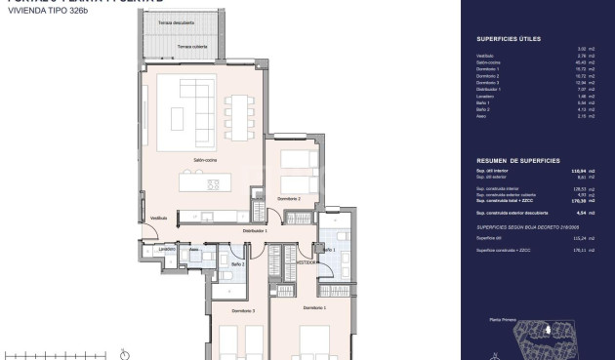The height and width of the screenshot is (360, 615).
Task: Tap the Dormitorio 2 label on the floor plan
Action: pyautogui.click(x=288, y=198)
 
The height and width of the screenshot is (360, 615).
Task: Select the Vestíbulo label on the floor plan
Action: pyautogui.click(x=159, y=218)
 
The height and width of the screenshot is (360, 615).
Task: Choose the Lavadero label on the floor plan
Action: pyautogui.click(x=167, y=250)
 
